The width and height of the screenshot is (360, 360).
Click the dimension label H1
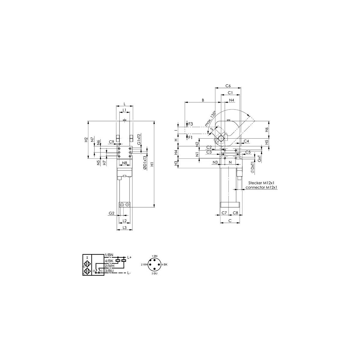(x=152, y=164)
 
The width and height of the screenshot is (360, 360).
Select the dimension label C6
(x=228, y=86)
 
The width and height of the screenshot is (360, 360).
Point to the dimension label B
(x=203, y=100)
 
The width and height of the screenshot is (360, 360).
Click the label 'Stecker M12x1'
(x=261, y=183)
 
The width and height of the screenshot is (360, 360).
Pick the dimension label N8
(x=124, y=163)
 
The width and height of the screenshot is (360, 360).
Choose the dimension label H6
(x=267, y=130)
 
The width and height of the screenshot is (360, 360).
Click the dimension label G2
(x=112, y=213)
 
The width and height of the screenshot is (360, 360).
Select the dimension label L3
(x=124, y=227)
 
